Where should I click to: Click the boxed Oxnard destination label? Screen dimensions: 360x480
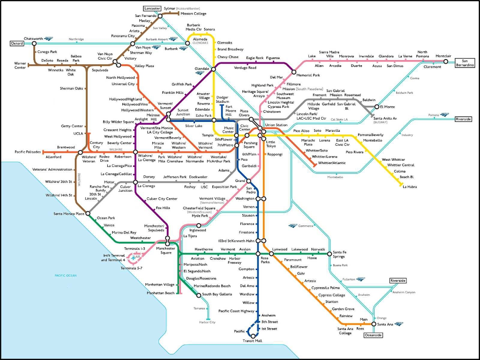(16, 44)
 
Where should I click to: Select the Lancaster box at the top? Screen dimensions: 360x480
(151, 9)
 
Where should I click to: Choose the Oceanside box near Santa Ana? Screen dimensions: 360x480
(374, 335)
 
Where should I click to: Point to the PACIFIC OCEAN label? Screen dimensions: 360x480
(65, 275)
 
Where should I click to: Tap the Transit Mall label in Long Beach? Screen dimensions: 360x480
(252, 341)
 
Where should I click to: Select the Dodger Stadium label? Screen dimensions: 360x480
(222, 99)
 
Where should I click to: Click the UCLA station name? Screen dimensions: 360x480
(78, 134)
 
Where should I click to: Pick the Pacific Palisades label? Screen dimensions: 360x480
(28, 152)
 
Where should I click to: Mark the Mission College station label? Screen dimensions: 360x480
(194, 14)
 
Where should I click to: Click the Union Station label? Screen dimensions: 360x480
(276, 125)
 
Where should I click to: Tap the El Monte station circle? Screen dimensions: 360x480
(376, 107)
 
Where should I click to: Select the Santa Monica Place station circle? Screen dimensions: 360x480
(88, 214)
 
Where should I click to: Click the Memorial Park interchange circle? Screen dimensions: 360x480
(294, 72)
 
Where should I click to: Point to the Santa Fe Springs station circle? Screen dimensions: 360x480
(329, 254)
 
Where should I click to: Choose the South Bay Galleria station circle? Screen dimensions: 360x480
(198, 295)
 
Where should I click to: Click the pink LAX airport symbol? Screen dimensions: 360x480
(135, 257)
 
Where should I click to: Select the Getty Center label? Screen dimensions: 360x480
(72, 126)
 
